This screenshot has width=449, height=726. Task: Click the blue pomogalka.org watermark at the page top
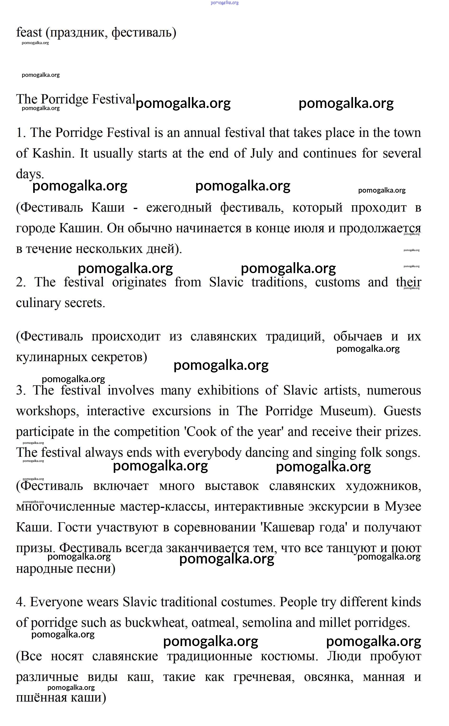(225, 3)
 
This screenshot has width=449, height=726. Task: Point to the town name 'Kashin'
(53, 154)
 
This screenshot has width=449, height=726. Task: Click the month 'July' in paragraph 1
(261, 154)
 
